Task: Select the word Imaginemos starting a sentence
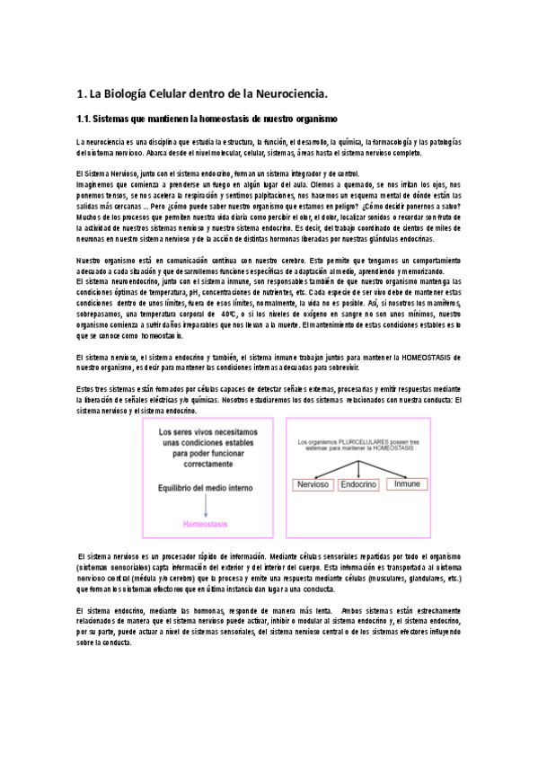click(99, 182)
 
